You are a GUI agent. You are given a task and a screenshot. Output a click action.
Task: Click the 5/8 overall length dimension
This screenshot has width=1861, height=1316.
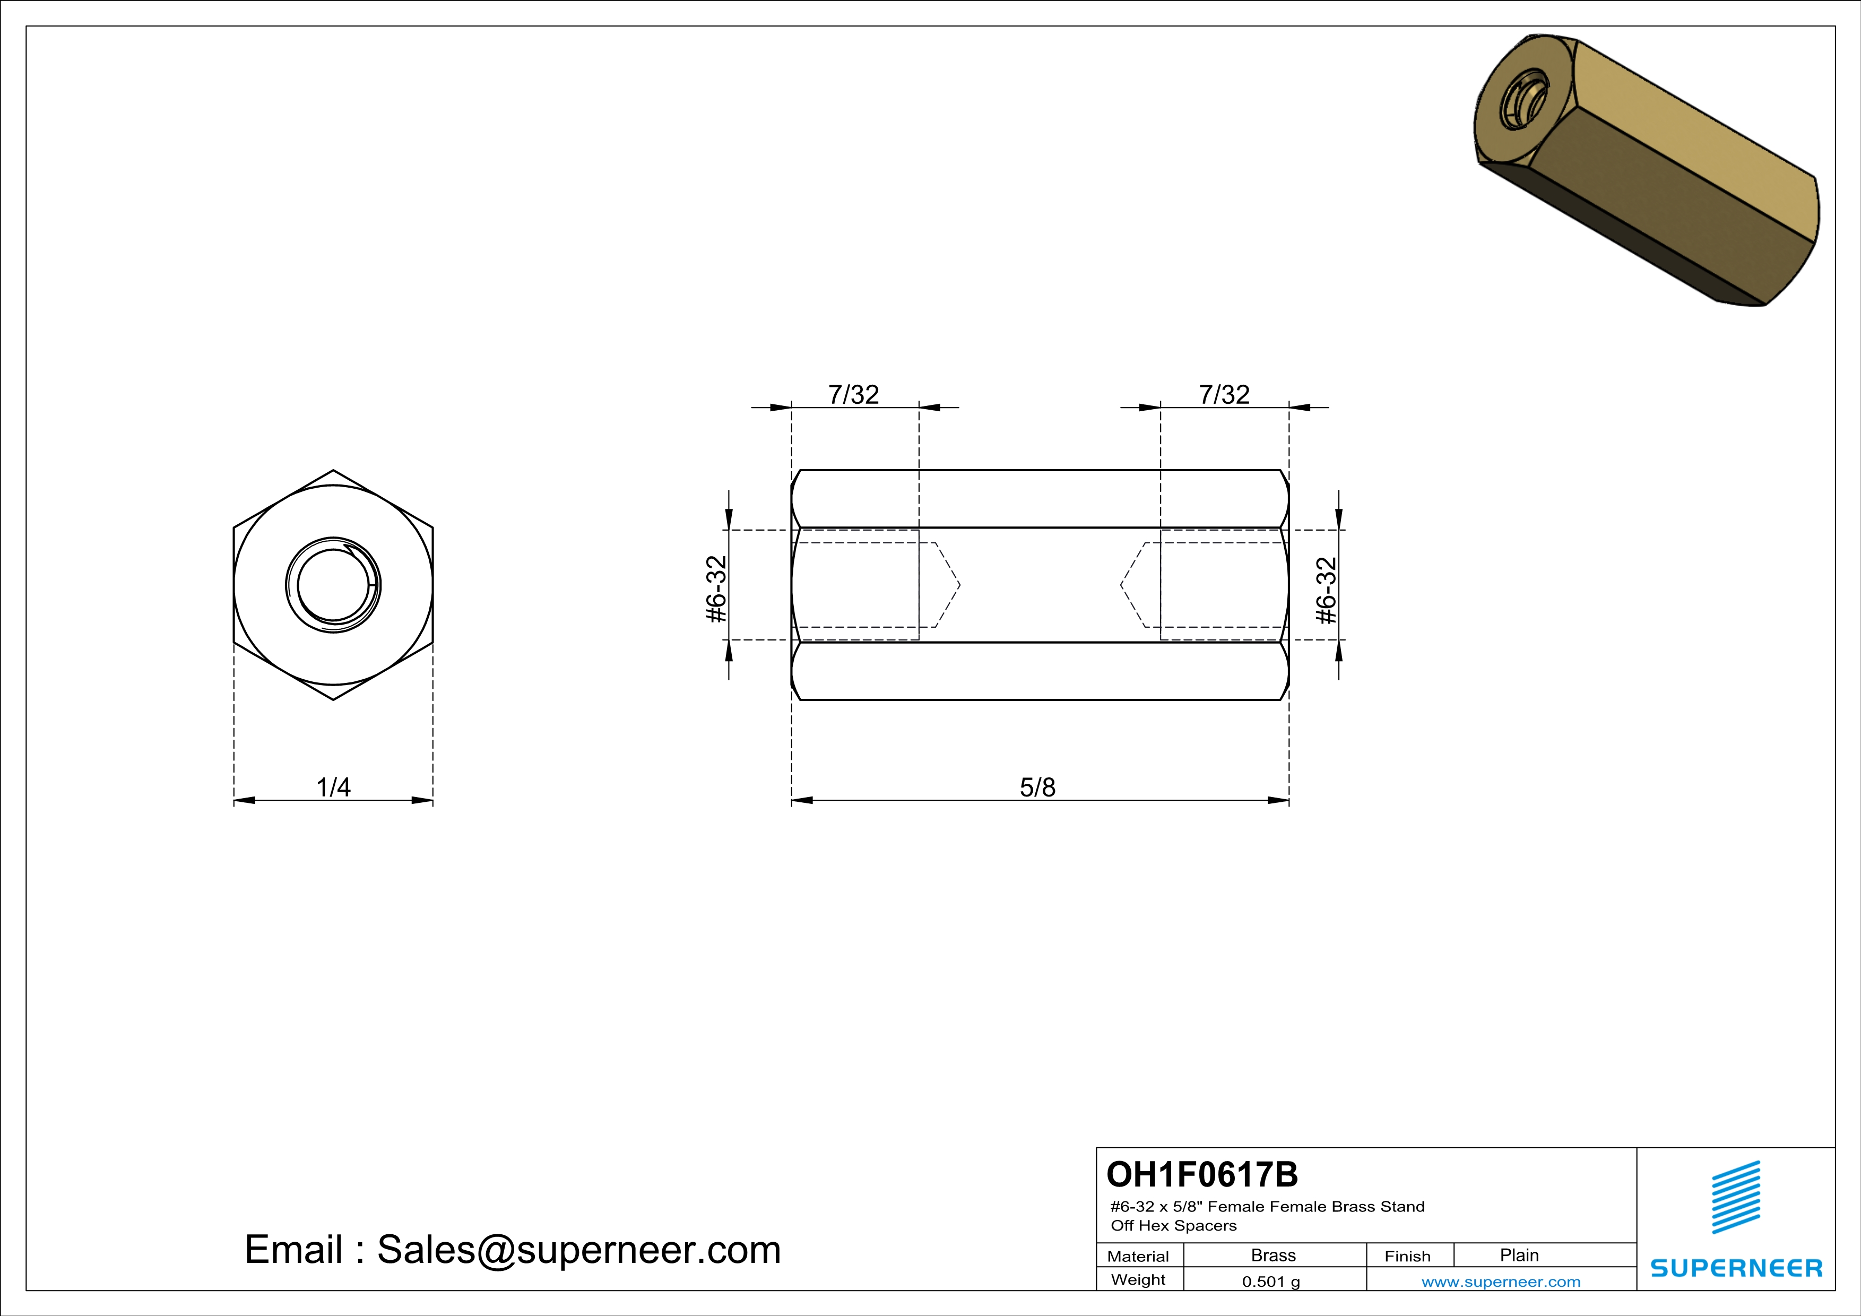[1037, 787]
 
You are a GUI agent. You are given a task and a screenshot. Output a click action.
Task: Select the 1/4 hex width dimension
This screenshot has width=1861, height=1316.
[333, 787]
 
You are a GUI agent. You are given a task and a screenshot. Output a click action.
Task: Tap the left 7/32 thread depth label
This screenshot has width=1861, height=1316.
[853, 395]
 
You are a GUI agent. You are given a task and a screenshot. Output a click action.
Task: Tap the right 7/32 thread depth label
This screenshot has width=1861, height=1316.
[1224, 395]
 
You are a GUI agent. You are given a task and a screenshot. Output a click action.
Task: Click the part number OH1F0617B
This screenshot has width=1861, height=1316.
[1202, 1174]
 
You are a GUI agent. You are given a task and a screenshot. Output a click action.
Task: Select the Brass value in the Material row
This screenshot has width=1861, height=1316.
[1274, 1255]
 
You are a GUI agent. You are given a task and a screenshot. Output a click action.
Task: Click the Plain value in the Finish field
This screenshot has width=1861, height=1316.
[1519, 1255]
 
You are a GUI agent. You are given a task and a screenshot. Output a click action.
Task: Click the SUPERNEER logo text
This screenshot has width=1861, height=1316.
[1736, 1268]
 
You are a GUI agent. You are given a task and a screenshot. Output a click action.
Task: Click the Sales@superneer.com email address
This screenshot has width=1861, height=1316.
[579, 1250]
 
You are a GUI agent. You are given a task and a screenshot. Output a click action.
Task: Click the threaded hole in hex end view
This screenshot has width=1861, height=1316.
[333, 585]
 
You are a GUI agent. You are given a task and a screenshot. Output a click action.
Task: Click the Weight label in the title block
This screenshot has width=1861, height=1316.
[1138, 1279]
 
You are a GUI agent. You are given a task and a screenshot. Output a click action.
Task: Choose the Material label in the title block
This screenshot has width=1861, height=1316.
[1138, 1256]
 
